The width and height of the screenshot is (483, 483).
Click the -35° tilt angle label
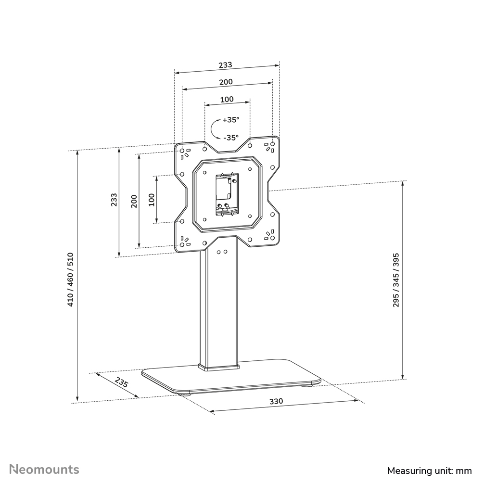(230, 137)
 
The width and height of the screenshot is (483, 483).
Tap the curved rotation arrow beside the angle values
(215, 129)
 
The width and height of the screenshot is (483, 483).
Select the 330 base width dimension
(276, 401)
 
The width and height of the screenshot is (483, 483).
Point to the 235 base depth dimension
(122, 383)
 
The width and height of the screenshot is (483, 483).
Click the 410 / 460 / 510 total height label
(70, 280)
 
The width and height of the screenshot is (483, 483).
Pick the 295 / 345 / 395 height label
(396, 280)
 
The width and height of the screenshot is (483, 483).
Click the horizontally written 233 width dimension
(226, 64)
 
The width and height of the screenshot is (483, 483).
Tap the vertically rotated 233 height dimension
(114, 200)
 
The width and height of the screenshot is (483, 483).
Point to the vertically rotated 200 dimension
(134, 201)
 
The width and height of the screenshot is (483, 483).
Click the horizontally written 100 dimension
(227, 99)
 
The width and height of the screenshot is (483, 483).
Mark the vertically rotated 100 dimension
(152, 200)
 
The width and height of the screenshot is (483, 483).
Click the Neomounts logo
(45, 469)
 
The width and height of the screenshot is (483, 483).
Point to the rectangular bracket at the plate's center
(226, 194)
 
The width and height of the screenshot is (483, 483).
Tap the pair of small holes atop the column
(222, 251)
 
